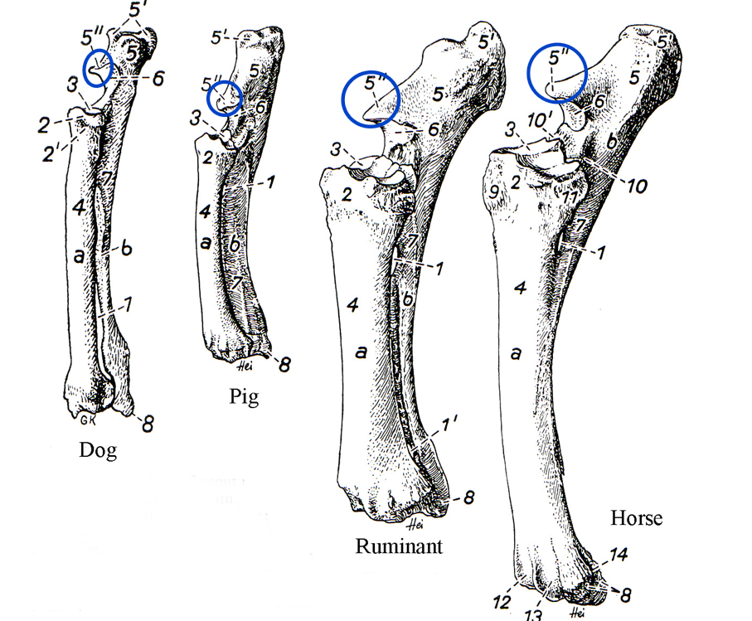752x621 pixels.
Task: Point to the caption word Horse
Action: click(x=637, y=518)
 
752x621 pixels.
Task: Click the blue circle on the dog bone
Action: click(x=99, y=66)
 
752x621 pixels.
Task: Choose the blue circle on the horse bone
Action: click(x=557, y=73)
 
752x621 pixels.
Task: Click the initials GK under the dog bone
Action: click(x=90, y=419)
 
